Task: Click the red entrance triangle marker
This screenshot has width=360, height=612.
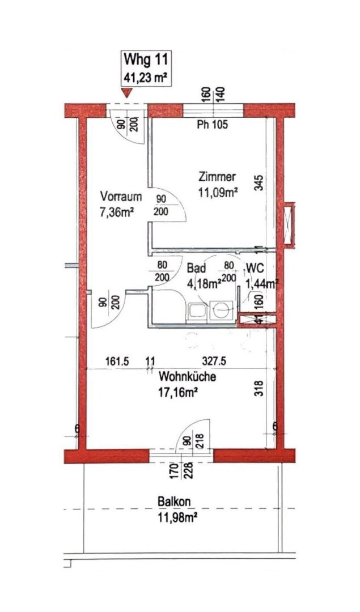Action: point(126,93)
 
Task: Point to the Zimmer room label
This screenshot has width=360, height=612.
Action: point(217,177)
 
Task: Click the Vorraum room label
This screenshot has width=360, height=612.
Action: point(121,196)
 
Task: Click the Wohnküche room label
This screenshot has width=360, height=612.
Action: point(188,377)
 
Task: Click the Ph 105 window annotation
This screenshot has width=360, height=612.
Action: point(213,125)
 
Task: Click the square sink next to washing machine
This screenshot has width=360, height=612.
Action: point(198,312)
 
